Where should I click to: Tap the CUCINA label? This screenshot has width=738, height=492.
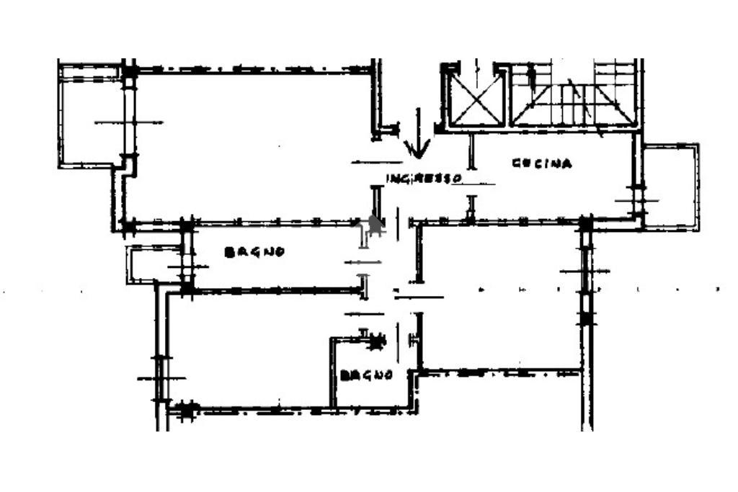[x=542, y=164]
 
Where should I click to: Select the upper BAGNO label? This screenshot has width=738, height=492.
[x=254, y=252]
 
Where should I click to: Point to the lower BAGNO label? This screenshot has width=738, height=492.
[x=367, y=375]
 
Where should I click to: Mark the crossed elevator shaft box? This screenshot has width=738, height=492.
[x=475, y=99]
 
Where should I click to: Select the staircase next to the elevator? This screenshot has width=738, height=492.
[x=574, y=97]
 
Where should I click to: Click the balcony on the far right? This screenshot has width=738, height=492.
[x=670, y=187]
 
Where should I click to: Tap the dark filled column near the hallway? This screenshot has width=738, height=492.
[x=374, y=225]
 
